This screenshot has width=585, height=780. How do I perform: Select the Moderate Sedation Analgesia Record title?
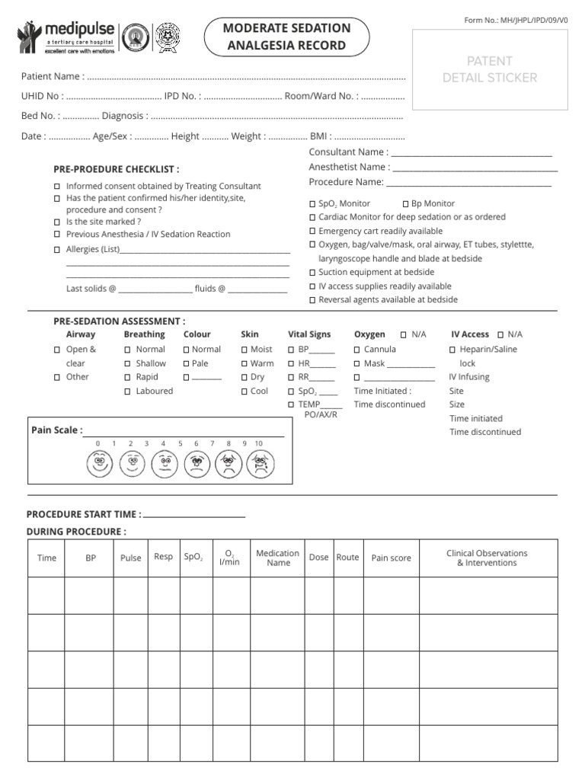coord(286,37)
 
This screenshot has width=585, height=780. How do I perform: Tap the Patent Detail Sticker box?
coord(490,69)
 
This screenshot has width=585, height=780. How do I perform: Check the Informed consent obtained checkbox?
coord(58,186)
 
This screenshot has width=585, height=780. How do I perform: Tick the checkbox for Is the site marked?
coord(58,222)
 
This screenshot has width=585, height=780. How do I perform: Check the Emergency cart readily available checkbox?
coord(312,231)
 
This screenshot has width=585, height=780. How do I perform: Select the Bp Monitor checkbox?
coord(405,203)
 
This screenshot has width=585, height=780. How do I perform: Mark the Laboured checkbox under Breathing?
coord(127,391)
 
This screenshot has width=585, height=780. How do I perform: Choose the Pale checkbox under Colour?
coord(186,363)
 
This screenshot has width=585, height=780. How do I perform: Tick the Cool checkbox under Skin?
coord(244,391)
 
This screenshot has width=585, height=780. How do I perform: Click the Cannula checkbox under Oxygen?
coord(356,350)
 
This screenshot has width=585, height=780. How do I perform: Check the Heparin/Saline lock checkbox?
coord(452,350)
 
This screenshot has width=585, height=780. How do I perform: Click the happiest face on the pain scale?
coord(100,462)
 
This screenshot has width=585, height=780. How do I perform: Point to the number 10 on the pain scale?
coord(259,443)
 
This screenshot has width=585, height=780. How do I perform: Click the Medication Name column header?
coord(278,558)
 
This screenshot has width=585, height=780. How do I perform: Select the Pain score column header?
coord(391,558)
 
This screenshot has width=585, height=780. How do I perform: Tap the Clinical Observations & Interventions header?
coord(486,558)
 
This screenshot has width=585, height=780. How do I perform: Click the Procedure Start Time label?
coord(84,514)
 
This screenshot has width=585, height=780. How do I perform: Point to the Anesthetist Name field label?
coord(349,167)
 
